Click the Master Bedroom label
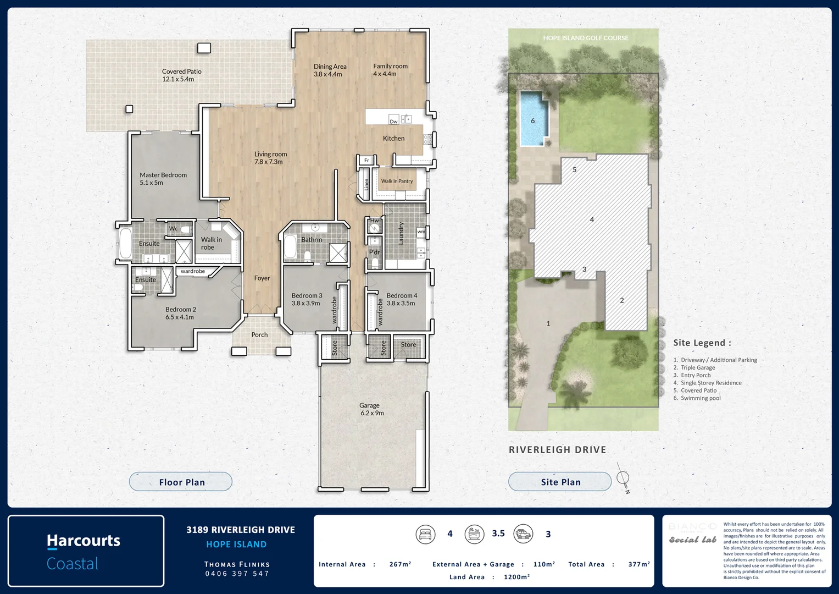pos(163,175)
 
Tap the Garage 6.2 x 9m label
pos(372,409)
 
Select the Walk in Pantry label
pos(397,181)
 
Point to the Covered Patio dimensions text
pos(178,79)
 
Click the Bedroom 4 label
pos(402,296)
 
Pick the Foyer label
pos(262,278)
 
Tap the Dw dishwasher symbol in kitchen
pos(393,121)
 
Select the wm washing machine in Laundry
pos(421,232)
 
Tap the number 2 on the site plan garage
pos(622,300)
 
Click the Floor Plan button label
pos(182,482)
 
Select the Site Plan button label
pos(560,482)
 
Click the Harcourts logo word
pos(84,541)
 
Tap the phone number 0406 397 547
pos(237,574)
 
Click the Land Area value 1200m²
pos(516,577)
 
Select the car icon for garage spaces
pos(523,534)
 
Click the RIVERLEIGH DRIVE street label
pos(557,450)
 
